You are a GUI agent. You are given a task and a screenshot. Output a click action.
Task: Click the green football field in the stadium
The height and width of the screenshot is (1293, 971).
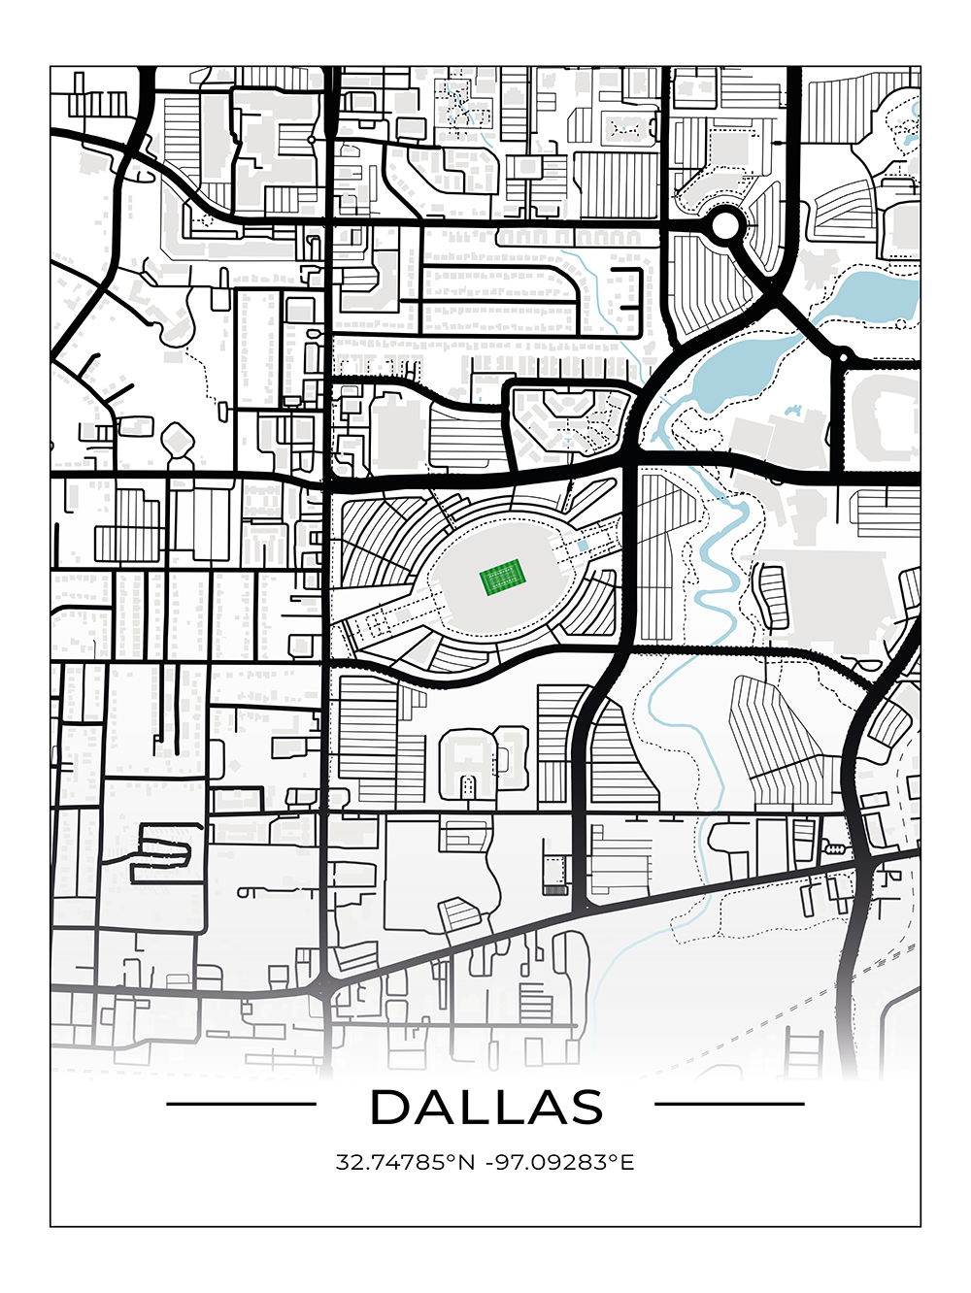(x=502, y=580)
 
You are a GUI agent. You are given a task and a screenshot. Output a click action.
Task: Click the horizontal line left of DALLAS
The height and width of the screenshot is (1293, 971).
(x=241, y=1104)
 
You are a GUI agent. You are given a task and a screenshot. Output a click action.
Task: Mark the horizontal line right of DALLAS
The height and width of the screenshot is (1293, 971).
(x=729, y=1104)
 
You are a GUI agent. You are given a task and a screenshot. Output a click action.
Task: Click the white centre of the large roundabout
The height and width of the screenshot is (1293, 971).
(x=724, y=227)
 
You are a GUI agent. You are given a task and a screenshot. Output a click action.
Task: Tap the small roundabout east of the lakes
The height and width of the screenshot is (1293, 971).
(x=844, y=357)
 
